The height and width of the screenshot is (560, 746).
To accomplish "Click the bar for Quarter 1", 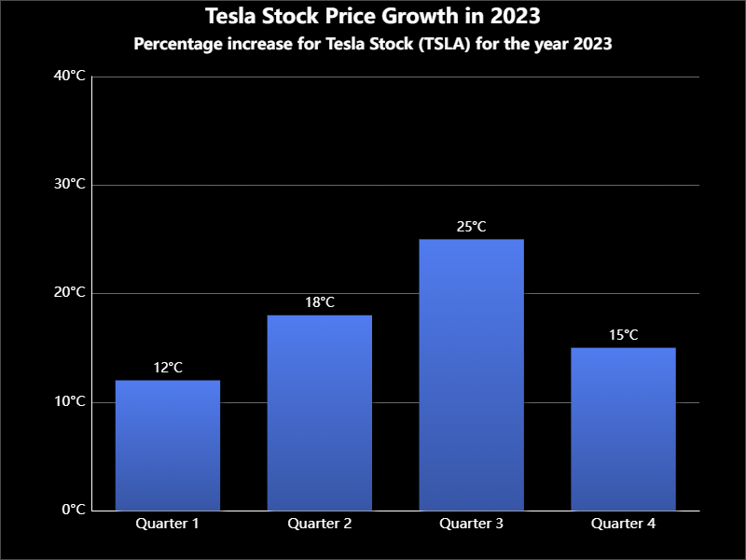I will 168,445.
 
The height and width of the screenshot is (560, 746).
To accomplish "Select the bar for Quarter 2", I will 320,413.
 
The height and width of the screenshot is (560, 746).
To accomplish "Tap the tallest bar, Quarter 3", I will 472,374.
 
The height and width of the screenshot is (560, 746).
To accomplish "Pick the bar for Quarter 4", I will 623,428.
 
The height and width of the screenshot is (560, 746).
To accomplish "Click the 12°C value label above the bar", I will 168,368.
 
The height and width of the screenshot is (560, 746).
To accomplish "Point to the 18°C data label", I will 320,302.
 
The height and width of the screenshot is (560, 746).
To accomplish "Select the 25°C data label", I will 472,227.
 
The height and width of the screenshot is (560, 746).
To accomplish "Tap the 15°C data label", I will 623,335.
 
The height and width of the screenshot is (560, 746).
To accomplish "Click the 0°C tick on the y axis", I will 74,511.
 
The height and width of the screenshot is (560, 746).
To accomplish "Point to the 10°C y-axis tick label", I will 71,402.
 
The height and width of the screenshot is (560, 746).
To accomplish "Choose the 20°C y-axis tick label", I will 71,293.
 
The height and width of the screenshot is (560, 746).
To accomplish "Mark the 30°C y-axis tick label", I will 71,185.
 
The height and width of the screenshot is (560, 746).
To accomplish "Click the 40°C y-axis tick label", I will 71,77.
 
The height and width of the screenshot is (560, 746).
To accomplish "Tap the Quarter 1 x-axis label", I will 168,524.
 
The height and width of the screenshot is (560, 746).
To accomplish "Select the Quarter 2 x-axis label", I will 320,524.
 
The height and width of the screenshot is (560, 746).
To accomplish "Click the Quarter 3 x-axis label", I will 472,524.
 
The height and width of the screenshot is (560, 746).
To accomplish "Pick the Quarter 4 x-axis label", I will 623,524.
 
